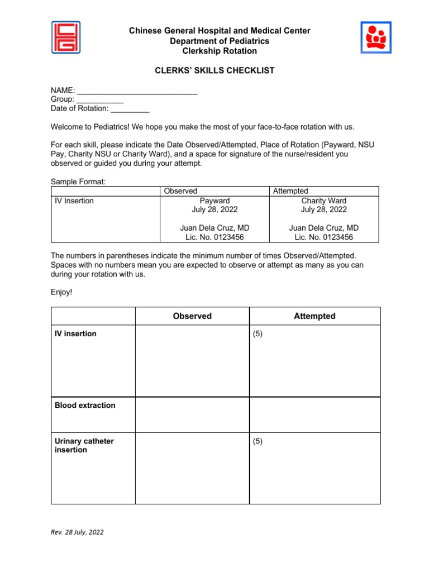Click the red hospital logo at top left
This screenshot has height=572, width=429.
point(66,37)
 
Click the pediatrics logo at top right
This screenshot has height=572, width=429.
point(376,37)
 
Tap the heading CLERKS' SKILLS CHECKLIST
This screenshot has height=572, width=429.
point(214,70)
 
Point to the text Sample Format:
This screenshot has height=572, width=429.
point(78,182)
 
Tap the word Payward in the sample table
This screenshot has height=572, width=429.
point(214,201)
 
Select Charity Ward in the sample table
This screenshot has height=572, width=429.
point(323,201)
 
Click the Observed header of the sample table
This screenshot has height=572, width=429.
point(180,191)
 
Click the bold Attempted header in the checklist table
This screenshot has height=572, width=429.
point(314,316)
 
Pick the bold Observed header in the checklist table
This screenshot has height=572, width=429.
point(192,316)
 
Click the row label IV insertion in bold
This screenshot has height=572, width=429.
point(75,334)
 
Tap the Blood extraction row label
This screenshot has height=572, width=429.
point(85,406)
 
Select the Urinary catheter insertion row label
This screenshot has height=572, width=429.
point(84,446)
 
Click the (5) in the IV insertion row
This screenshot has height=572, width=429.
point(258,334)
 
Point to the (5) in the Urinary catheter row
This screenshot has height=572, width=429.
point(258,441)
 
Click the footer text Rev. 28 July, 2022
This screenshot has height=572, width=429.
point(77,532)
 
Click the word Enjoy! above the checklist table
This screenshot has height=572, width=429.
point(61,292)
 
